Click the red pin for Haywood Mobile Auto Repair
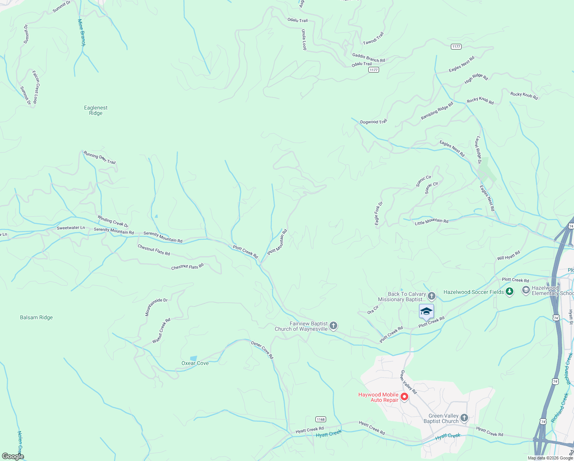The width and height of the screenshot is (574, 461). point(404,396)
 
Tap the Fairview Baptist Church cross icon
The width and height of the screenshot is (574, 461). point(333,326)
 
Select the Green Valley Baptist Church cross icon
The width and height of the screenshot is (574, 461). point(464,418)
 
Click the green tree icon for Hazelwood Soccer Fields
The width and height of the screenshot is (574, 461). point(510,292)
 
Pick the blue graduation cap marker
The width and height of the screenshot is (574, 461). point(426,311)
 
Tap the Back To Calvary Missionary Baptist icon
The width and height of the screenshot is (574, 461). point(432,296)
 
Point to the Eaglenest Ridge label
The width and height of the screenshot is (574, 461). point(96,111)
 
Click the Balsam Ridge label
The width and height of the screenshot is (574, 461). point(36,317)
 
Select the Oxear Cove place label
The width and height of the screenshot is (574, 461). point(195,363)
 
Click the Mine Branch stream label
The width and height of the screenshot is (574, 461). point(81,33)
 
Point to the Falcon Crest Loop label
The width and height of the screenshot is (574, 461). point(35,87)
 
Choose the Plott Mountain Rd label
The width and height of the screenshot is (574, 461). point(277,242)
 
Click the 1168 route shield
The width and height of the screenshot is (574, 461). point(321,419)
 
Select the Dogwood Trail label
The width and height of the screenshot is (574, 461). point(373,122)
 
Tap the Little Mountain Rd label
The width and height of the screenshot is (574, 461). point(432,221)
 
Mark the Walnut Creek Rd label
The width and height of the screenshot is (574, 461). point(161,330)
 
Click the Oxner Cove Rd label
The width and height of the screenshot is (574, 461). point(262,350)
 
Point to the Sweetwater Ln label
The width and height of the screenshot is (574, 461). point(71,228)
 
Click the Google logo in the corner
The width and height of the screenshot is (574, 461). point(13,456)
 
